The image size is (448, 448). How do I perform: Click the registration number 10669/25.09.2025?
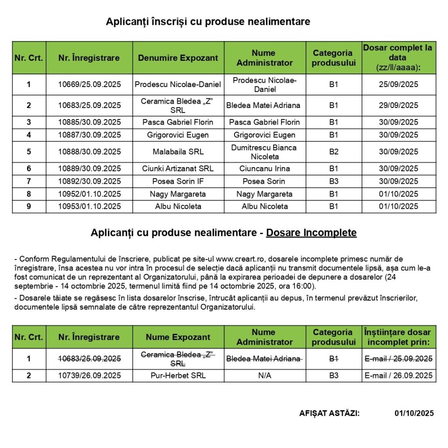point(89,84)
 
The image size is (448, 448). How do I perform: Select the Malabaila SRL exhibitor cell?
point(178,152)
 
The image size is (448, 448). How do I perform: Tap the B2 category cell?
point(333,152)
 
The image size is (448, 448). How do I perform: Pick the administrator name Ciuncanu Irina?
point(265,168)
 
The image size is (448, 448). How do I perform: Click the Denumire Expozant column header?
point(178,58)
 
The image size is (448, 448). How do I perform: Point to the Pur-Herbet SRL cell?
point(178,375)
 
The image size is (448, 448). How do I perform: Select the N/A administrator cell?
point(265,375)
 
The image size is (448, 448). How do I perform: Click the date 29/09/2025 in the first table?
point(399,105)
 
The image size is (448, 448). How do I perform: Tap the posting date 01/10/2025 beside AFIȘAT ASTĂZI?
point(414,413)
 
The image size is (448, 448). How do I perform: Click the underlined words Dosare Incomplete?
point(311,233)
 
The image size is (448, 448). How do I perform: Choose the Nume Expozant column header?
point(178,337)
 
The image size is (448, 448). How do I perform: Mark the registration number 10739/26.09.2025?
point(89,375)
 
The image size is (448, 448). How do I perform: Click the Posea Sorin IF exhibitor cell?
point(178,181)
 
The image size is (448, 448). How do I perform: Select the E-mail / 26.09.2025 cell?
point(399,375)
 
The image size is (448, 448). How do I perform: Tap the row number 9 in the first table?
point(29,206)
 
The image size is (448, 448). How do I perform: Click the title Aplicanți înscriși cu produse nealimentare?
point(208,22)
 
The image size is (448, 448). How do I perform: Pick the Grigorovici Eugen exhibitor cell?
point(178,135)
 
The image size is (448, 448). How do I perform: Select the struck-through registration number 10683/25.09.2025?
point(89,359)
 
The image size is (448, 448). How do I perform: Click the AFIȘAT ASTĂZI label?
point(329,413)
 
